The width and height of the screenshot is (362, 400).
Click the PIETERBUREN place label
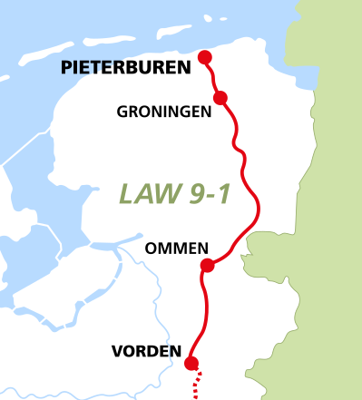pos(125,67)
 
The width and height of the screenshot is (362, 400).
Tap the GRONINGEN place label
pos(164,112)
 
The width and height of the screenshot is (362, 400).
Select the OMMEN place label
pos(177,248)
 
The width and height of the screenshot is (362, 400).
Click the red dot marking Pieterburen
pos(205,57)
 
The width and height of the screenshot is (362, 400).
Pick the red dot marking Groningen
pos(220,97)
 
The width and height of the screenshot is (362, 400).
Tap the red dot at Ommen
pos(207,265)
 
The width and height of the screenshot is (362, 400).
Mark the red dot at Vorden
pos(191,364)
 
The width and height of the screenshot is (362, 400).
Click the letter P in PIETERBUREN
pos(65,67)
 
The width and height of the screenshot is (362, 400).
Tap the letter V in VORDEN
pos(116,350)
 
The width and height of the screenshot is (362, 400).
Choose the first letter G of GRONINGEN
pos(122,112)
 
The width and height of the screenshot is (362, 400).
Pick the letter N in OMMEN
pos(204,248)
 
